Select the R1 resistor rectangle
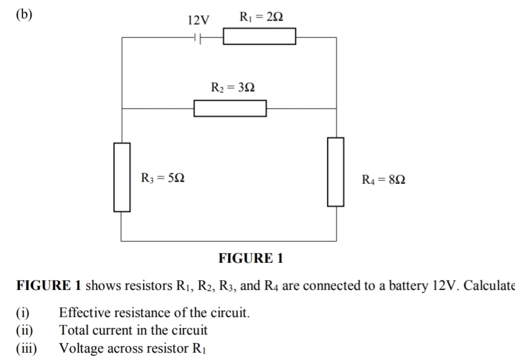[259, 37]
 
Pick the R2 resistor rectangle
[230, 109]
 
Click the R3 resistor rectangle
[122, 177]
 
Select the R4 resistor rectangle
[336, 172]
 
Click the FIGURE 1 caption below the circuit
[250, 259]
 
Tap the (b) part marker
[24, 15]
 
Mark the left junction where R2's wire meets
[122, 109]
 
